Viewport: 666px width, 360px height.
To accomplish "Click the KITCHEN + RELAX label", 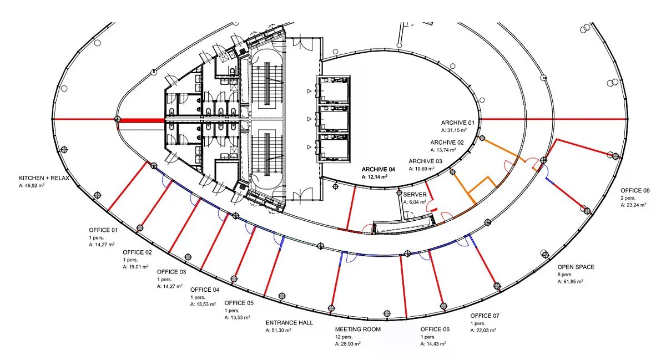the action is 44,178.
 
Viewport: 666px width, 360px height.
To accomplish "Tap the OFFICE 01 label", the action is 103,230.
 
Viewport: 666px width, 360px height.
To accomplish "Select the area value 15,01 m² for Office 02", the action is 135,267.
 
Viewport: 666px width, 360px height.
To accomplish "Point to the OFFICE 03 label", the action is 171,272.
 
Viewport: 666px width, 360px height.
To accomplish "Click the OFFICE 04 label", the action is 205,290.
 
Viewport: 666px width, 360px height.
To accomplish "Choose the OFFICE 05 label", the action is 239,303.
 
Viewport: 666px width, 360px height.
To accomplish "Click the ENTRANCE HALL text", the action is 289,322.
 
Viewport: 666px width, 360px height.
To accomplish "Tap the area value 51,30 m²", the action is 278,330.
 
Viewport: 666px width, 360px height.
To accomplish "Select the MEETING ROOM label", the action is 357,329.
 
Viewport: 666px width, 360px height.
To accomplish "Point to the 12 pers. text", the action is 344,337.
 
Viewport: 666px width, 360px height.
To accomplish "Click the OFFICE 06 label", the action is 435,329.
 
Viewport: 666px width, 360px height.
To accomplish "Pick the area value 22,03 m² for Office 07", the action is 483,330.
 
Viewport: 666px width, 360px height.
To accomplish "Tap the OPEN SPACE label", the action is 576,267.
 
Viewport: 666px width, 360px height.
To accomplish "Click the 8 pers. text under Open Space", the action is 565,275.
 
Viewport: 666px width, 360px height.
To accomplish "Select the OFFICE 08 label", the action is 635,191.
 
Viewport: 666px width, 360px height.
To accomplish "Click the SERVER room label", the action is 415,195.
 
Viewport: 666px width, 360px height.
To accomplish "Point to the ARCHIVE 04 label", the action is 378,169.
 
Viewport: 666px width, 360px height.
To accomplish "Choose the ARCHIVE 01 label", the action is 458,123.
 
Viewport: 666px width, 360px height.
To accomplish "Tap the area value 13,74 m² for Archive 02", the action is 443,150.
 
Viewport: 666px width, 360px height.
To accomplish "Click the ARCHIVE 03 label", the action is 426,161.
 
